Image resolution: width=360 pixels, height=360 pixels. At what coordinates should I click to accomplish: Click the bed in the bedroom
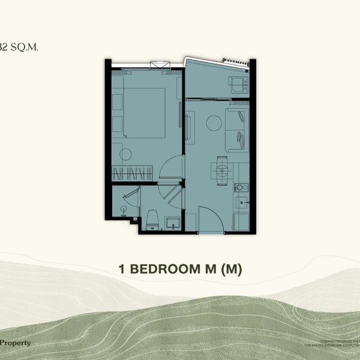144,114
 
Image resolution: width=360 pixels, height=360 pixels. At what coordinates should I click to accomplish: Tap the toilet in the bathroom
152,219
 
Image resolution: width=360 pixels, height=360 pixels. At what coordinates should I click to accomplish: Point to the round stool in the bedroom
125,155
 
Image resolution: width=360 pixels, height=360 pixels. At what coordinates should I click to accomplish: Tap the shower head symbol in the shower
124,209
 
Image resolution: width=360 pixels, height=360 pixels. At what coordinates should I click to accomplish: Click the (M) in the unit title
231,270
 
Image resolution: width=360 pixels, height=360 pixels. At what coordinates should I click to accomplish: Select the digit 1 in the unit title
122,270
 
